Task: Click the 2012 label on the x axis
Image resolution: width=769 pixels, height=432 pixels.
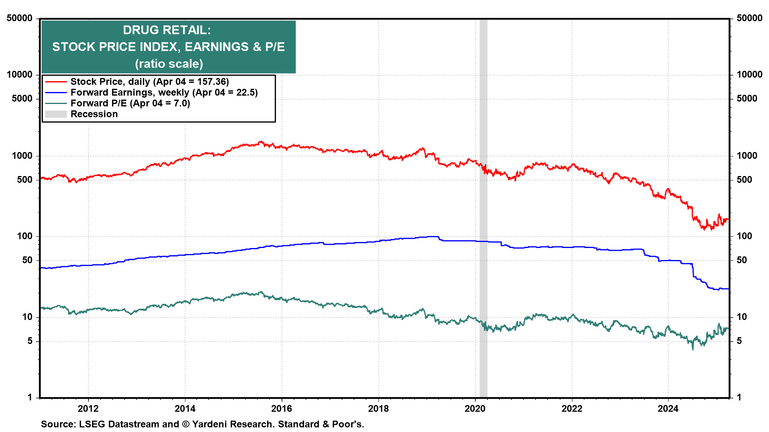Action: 88,408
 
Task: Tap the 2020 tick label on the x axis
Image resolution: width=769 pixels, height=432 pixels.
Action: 475,408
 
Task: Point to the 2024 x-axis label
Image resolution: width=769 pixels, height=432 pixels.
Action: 668,408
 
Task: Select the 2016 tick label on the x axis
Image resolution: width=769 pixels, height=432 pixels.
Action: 282,408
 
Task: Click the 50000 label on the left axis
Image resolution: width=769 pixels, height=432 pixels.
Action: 20,18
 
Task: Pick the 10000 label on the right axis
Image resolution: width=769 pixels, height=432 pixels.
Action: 749,74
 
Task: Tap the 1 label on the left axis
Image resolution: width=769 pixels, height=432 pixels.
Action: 30,397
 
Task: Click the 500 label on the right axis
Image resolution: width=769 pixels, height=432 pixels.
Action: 744,180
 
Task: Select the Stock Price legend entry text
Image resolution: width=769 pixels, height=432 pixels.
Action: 149,82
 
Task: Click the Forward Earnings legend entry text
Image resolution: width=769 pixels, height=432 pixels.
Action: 164,92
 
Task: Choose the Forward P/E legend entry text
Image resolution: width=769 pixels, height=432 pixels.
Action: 130,103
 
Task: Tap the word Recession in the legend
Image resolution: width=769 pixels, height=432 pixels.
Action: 94,114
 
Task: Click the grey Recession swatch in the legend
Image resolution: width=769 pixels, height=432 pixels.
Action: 56,114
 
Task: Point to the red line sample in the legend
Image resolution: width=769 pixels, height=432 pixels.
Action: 56,82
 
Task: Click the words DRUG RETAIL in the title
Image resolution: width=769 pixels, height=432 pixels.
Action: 167,30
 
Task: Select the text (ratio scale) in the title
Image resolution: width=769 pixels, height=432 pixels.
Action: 169,64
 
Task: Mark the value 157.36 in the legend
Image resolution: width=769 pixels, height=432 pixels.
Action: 211,82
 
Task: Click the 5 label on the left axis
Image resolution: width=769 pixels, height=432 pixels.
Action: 30,341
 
